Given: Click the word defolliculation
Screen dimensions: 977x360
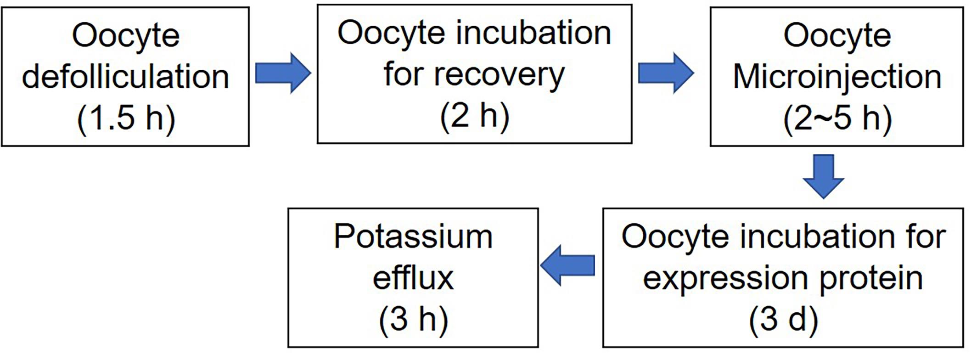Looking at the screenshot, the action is pos(125,76).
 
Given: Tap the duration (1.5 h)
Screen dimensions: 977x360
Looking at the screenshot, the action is pos(126,118).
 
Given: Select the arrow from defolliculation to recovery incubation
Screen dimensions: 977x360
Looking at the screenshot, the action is pos(283,73).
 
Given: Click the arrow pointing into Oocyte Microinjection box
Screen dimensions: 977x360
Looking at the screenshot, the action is pos(666,73).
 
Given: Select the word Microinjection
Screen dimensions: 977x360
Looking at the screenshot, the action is pos(837,77).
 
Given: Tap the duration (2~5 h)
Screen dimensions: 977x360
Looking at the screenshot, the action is pos(837,118).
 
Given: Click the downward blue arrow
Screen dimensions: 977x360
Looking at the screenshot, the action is pos(823,177).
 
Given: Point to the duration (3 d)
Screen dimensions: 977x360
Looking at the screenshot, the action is pos(783,320).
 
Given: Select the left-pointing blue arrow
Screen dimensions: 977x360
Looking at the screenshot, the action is pos(567,265).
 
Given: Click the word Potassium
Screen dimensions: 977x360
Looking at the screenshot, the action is pos(413,237).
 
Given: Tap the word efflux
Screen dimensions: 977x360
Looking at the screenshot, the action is pos(413,277).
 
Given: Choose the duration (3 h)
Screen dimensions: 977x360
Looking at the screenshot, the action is pos(413,320).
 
